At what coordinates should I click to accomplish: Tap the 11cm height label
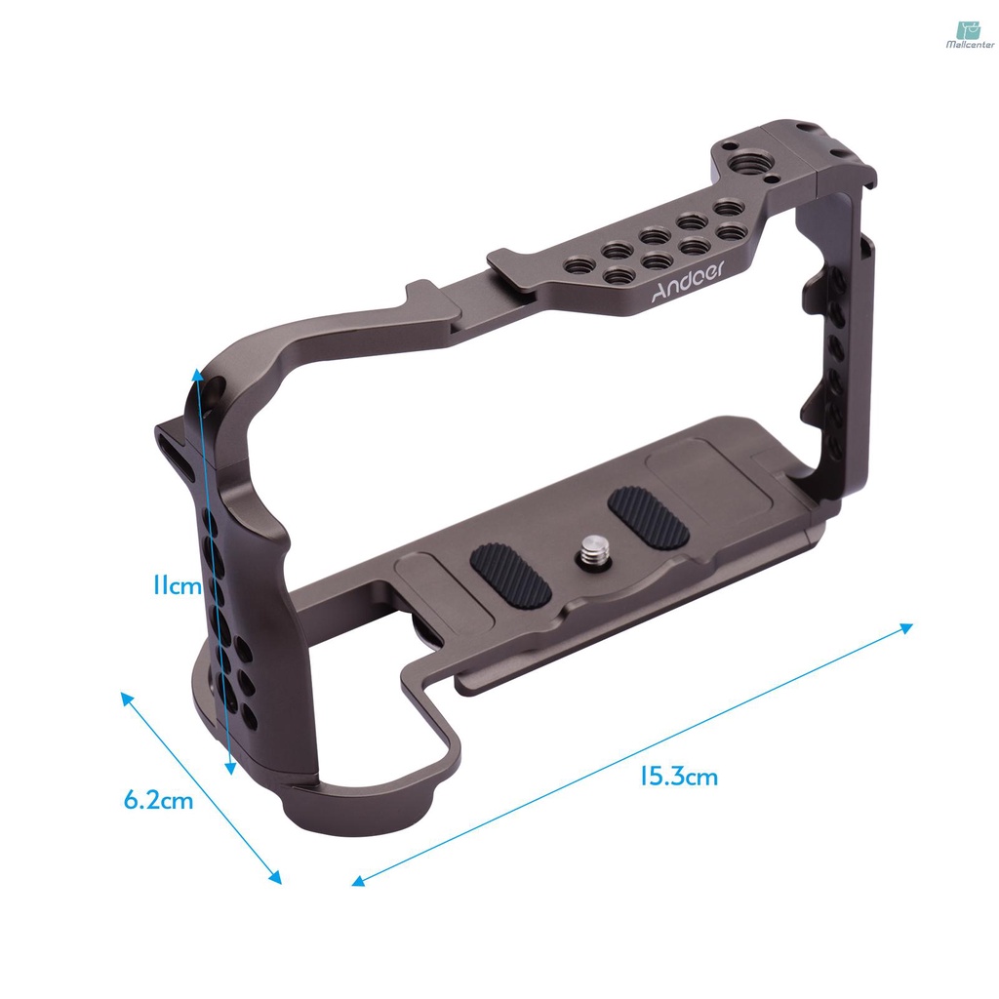coord(177,586)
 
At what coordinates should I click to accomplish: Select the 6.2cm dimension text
coord(159,801)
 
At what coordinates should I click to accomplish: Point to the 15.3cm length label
coord(678,777)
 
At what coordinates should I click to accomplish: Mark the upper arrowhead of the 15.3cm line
coord(907,627)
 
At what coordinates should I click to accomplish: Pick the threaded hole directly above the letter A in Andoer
coord(615,277)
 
